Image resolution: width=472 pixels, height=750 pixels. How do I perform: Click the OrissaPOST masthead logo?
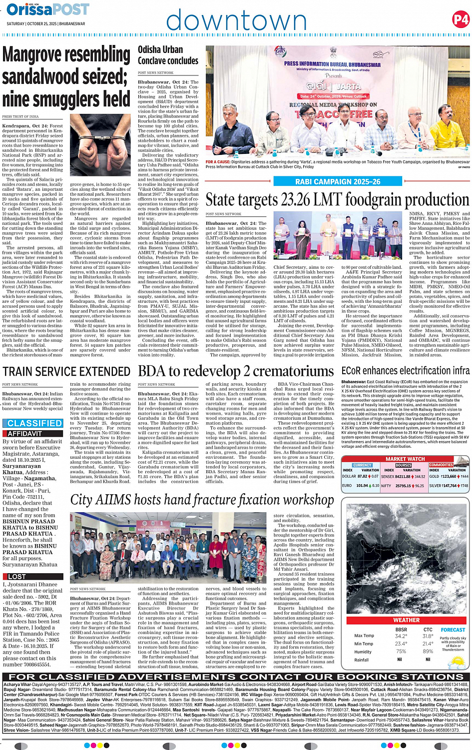tap(48, 10)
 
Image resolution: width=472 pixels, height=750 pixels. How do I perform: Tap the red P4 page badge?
tap(461, 19)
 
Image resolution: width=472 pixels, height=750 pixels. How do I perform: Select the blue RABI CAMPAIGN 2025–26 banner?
tap(338, 182)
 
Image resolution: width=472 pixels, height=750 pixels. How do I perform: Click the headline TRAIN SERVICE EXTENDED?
tap(66, 371)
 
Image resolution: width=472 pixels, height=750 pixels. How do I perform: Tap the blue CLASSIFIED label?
tap(34, 423)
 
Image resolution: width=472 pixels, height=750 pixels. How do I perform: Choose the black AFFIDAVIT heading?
tap(25, 434)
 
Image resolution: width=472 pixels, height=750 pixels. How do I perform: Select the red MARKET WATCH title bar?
tap(405, 459)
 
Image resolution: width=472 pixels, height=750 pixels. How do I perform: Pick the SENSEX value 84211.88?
tap(403, 476)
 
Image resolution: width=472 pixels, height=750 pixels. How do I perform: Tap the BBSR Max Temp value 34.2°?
tap(401, 636)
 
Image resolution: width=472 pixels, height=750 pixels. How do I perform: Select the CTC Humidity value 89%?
tap(428, 651)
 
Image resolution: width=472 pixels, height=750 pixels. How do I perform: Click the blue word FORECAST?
tap(453, 630)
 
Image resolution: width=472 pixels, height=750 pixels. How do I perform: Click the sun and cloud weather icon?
tap(456, 662)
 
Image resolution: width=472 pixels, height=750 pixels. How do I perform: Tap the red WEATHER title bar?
tap(406, 620)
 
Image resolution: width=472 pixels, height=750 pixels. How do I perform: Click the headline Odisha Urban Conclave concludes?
tap(168, 55)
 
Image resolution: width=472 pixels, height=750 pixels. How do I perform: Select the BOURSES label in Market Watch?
tap(403, 465)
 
